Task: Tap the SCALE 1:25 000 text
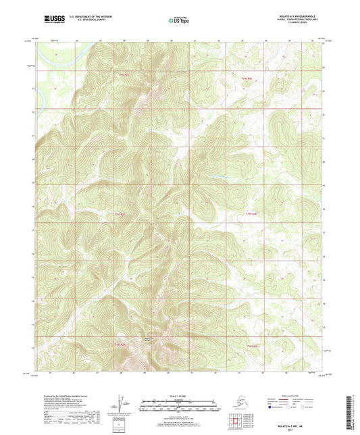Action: [x=180, y=395]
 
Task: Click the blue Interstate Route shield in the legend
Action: [x=272, y=407]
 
